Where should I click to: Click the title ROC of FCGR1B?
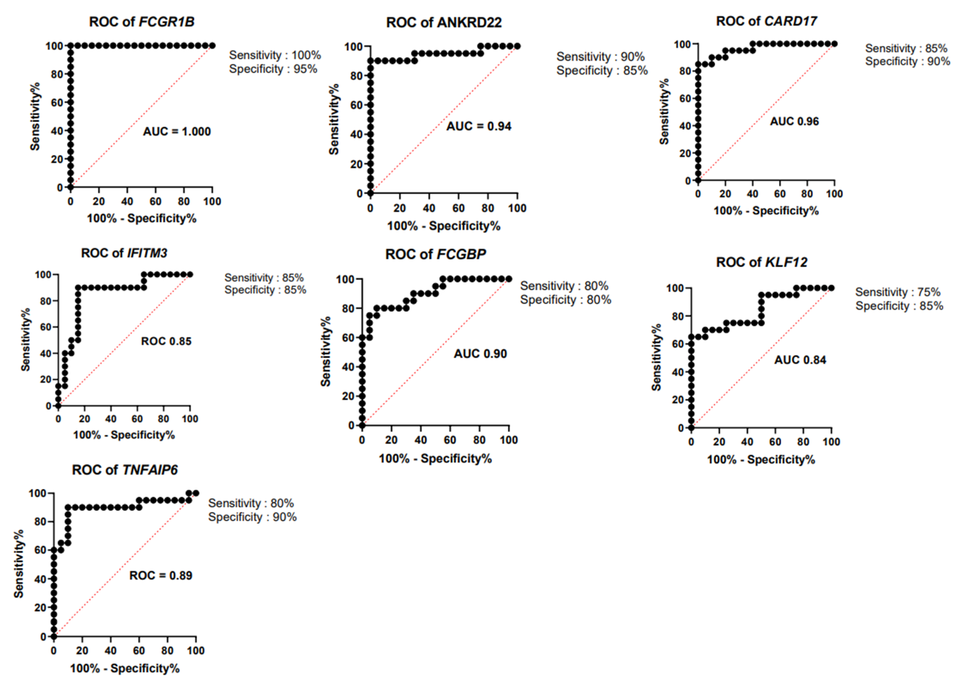coord(142,22)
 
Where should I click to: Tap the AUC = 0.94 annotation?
coord(479,126)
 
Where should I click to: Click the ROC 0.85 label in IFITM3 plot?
coord(166,341)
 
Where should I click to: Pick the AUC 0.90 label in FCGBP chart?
coord(480,354)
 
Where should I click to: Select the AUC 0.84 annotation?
coord(800,360)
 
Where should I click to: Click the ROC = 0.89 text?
coord(161,575)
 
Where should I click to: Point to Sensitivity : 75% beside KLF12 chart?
coord(897,292)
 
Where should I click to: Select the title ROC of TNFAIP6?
coord(125,470)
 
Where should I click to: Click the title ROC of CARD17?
coord(766,21)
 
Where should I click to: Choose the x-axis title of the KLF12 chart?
coord(761,460)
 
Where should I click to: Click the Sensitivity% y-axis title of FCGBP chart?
coord(325,352)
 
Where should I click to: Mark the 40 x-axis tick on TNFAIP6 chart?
coord(110,650)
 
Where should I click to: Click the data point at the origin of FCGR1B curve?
coord(70,187)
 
